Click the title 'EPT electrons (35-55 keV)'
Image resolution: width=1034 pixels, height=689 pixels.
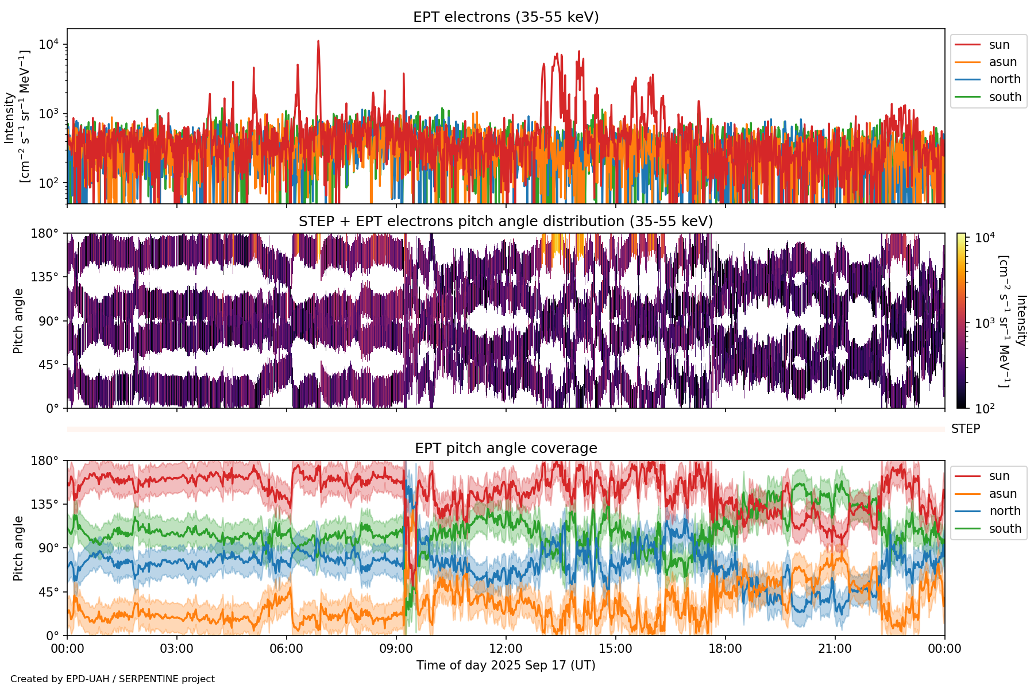pyautogui.click(x=506, y=17)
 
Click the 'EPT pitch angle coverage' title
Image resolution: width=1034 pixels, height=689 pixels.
pyautogui.click(x=506, y=448)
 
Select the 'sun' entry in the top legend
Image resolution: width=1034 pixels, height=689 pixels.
pyautogui.click(x=999, y=45)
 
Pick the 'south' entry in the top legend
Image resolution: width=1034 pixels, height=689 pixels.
pyautogui.click(x=1005, y=97)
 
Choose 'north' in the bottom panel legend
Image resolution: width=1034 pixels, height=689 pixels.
pyautogui.click(x=1005, y=511)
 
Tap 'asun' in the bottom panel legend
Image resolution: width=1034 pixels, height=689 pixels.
pyautogui.click(x=1002, y=494)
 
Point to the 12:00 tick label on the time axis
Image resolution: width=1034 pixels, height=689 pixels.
pyautogui.click(x=506, y=649)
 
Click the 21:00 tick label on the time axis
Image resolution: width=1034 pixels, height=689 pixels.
pyautogui.click(x=835, y=649)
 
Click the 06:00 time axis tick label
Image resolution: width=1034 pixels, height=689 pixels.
pyautogui.click(x=286, y=649)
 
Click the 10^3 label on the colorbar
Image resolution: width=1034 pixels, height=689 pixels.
pyautogui.click(x=985, y=323)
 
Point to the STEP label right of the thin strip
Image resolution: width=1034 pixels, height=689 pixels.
pyautogui.click(x=966, y=429)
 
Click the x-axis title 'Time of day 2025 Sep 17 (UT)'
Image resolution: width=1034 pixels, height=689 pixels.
pyautogui.click(x=506, y=665)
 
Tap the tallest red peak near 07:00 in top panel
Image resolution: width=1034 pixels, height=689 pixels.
pyautogui.click(x=318, y=42)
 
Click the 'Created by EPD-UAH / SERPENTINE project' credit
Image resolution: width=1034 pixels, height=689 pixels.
pyautogui.click(x=113, y=679)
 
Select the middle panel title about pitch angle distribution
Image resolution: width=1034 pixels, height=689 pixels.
pyautogui.click(x=506, y=222)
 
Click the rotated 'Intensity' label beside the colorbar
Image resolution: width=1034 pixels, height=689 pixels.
pyautogui.click(x=1020, y=320)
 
